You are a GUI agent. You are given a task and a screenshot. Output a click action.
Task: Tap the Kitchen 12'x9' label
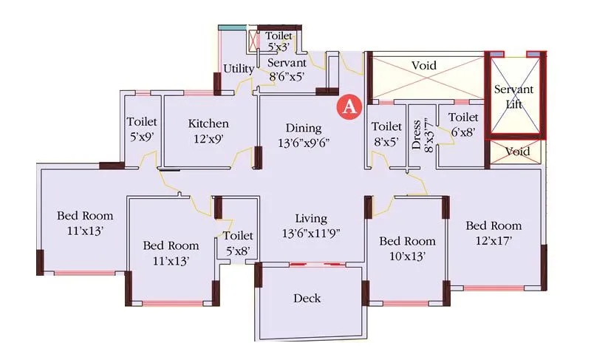click(208, 130)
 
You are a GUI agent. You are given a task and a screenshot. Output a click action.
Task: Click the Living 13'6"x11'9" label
click(310, 225)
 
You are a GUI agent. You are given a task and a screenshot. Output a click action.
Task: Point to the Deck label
click(307, 298)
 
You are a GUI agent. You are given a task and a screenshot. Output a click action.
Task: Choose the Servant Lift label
click(513, 96)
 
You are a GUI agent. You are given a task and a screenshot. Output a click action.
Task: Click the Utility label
click(239, 69)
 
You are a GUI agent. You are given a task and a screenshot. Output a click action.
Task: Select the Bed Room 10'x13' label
click(407, 248)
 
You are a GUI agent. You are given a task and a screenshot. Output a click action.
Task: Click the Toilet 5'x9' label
click(140, 129)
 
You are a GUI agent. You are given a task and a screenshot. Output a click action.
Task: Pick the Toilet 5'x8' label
click(237, 243)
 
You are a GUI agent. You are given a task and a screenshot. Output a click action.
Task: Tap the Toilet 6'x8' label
click(463, 124)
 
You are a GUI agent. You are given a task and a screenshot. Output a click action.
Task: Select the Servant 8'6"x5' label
click(286, 69)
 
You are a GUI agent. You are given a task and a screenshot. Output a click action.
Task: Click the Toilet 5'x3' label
click(279, 41)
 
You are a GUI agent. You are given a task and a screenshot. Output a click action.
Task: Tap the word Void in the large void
click(424, 66)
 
